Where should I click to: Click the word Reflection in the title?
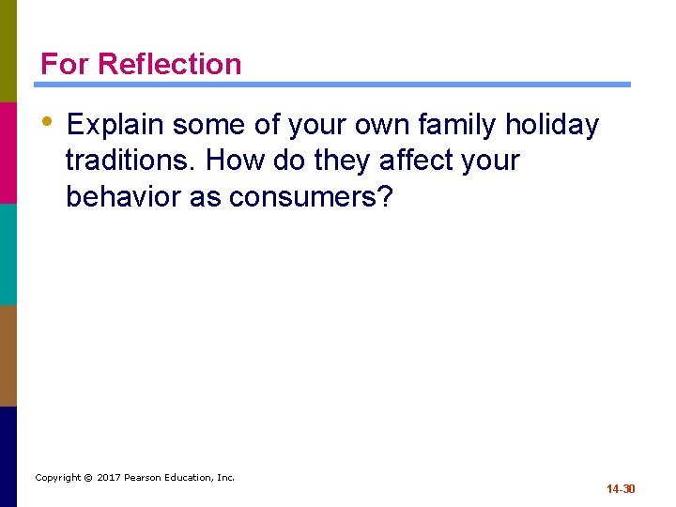(x=169, y=64)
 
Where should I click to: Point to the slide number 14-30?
(x=621, y=489)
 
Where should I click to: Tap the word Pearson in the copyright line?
(x=146, y=478)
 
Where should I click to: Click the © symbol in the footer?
(x=87, y=478)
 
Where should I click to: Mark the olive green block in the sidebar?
(x=8, y=51)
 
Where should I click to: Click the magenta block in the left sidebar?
(x=8, y=152)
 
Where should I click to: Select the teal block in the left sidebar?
(x=8, y=253)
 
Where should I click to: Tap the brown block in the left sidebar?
(x=8, y=355)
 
